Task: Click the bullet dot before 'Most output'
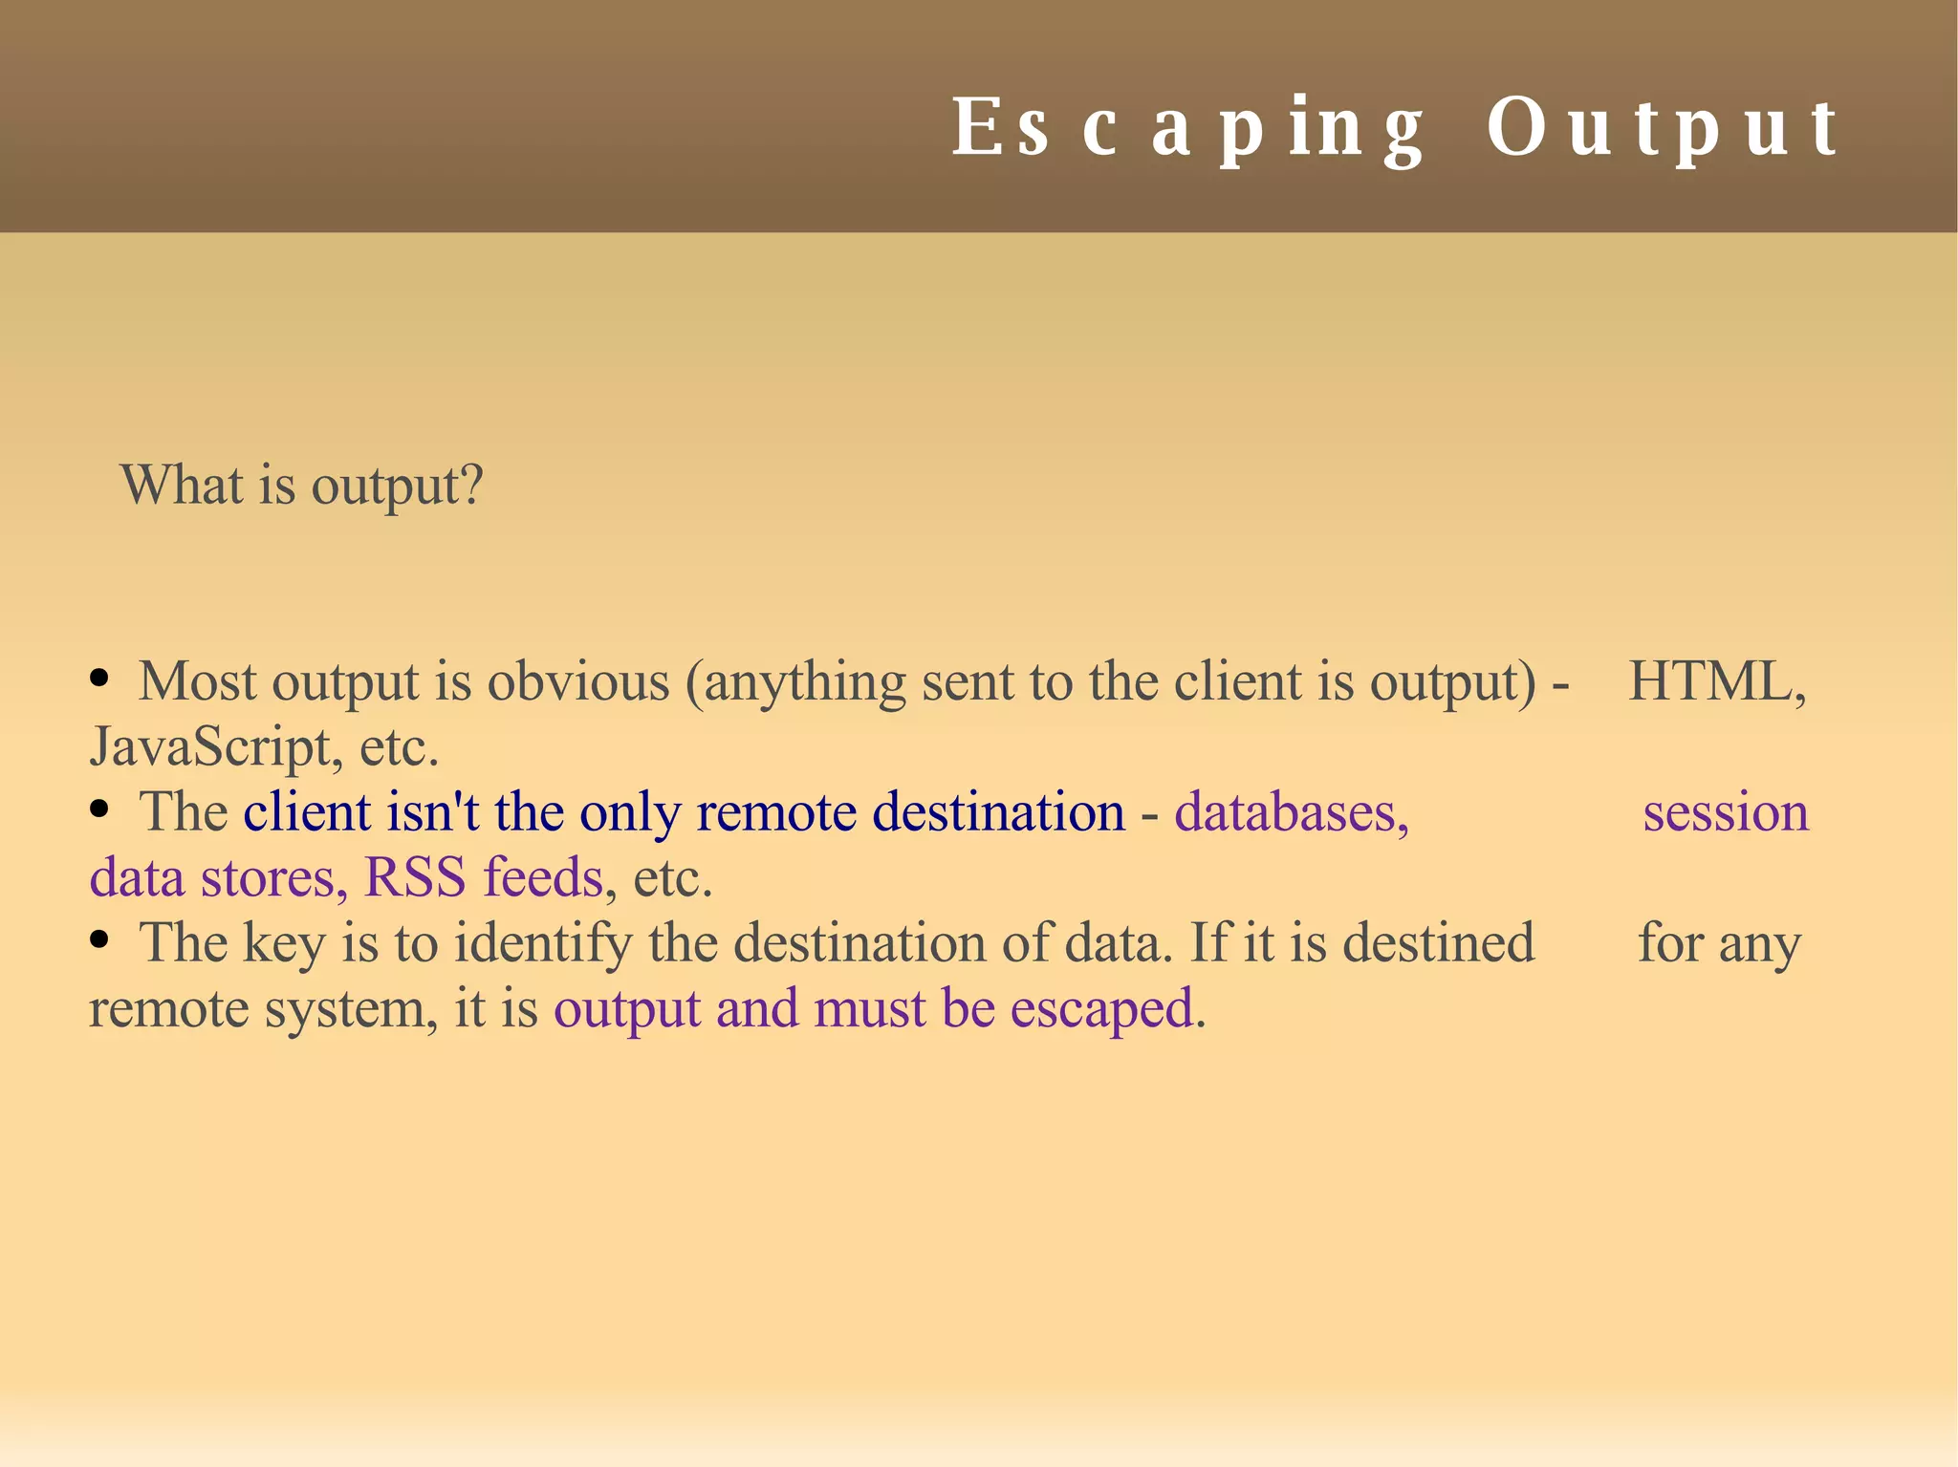[x=98, y=680]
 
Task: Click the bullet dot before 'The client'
[x=98, y=810]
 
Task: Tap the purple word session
[x=1726, y=812]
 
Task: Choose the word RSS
[x=415, y=877]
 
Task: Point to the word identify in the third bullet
[x=542, y=944]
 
